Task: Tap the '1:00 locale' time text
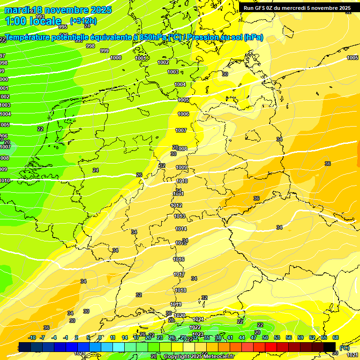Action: point(33,21)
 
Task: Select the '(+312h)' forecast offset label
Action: point(84,21)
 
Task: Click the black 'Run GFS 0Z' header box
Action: point(297,7)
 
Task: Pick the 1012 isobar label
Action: point(176,205)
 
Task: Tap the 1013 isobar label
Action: point(180,216)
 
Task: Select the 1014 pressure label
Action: point(181,229)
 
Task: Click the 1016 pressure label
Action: point(179,259)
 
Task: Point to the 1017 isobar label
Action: point(179,274)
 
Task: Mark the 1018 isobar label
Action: point(180,290)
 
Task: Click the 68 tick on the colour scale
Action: point(336,337)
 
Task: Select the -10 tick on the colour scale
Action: point(32,337)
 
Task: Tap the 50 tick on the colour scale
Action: point(265,337)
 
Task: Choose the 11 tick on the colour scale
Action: point(113,337)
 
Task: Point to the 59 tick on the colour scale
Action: point(300,337)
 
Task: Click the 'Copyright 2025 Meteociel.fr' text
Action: point(198,356)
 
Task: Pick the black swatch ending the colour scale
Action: point(330,347)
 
